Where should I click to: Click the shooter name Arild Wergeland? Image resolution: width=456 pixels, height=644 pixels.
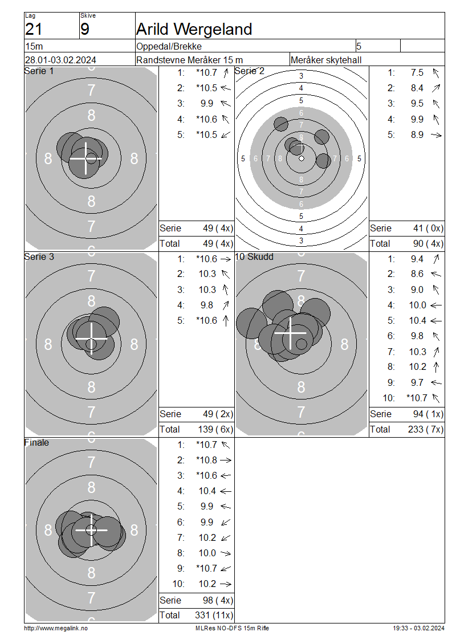point(194,30)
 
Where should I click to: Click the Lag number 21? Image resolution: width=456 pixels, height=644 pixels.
point(34,30)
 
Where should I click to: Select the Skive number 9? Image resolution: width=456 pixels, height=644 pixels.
point(84,30)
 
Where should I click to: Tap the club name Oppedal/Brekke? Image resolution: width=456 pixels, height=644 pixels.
point(169,46)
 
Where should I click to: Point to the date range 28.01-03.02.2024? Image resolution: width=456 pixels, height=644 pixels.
point(60,60)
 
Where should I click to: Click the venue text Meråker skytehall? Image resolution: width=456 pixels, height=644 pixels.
point(326,60)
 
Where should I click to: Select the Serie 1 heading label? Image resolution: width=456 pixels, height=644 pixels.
point(39,71)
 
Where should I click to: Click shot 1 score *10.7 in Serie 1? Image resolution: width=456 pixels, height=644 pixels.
point(206,73)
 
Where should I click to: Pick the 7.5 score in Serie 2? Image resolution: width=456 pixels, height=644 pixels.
point(417,73)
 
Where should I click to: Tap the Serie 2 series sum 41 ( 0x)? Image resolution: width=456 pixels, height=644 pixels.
point(428,229)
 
